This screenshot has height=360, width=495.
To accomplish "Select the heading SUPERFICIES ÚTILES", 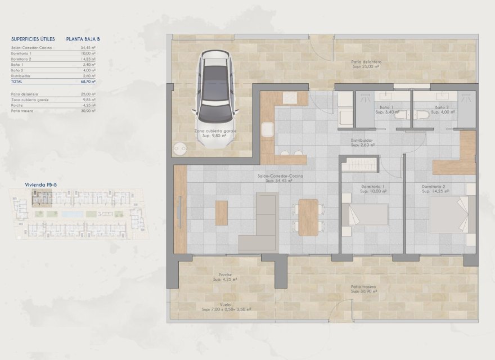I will [31, 39].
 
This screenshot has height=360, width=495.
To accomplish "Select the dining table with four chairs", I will [308, 217].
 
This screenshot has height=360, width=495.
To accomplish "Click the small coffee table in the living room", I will [222, 213].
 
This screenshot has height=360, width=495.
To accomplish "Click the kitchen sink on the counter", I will [290, 98].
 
